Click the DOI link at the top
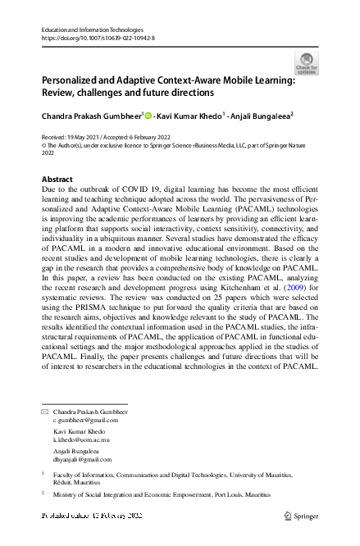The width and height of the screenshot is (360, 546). coord(97,38)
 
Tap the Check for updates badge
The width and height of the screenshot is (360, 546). coord(305,63)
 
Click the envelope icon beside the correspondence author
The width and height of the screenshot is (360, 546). coord(45,411)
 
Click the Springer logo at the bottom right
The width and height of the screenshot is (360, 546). coord(300,516)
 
